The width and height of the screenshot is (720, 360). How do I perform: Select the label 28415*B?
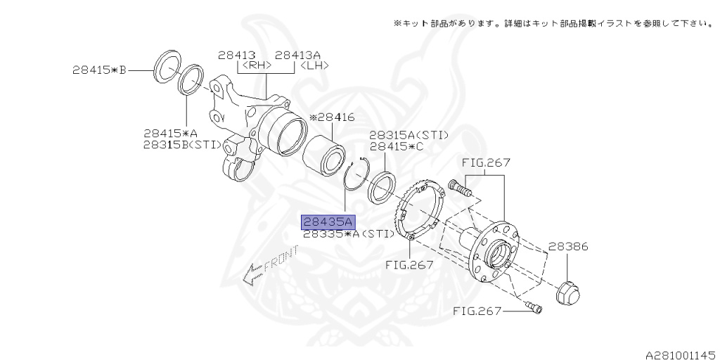coord(99,70)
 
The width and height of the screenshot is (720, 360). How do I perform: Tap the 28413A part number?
coord(297,55)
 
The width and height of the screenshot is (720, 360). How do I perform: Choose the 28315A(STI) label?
coord(409,135)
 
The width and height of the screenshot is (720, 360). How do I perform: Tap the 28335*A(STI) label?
coord(349,234)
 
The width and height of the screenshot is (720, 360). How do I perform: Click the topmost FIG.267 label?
coord(487,162)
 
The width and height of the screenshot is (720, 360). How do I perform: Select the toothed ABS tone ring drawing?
coord(420,210)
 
